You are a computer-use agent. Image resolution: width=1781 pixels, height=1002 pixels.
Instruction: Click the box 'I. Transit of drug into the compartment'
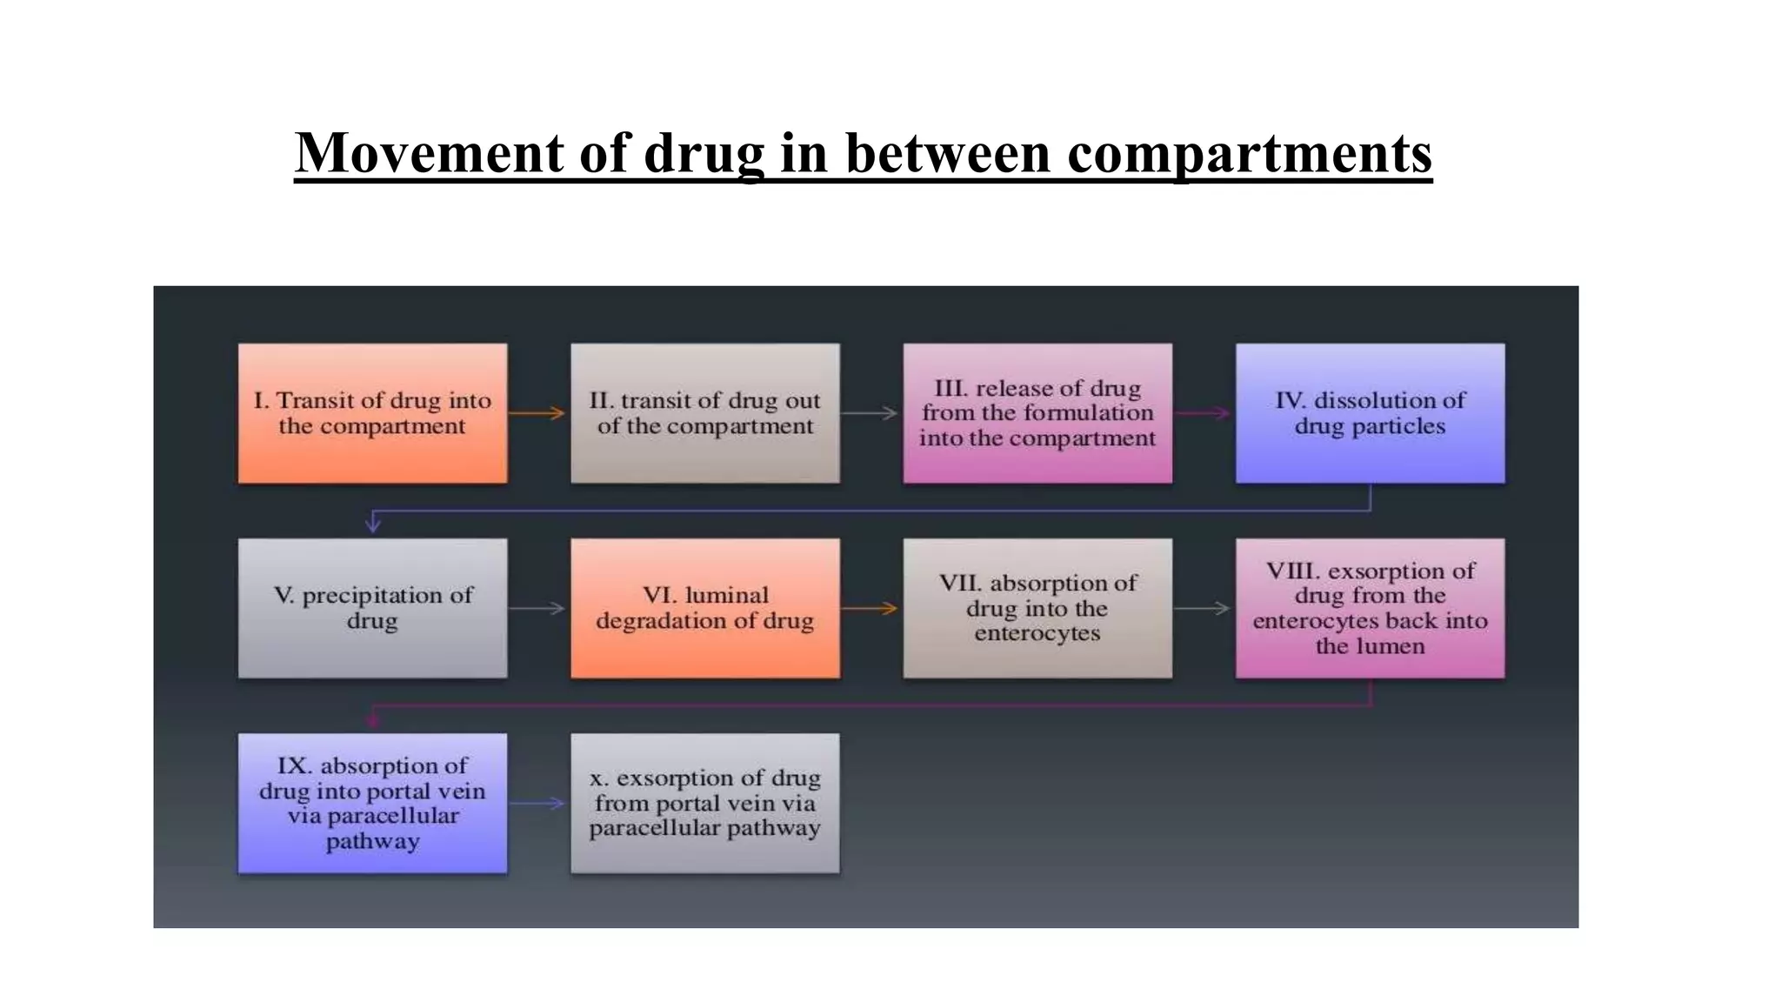point(372,413)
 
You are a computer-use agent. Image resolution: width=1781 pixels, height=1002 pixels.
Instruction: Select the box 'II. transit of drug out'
point(704,413)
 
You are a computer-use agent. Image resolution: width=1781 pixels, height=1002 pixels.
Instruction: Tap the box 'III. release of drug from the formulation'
point(1037,413)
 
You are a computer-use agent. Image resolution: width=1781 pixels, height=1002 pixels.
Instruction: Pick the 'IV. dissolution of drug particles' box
point(1370,413)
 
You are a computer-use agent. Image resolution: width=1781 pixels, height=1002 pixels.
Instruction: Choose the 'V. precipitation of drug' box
point(372,608)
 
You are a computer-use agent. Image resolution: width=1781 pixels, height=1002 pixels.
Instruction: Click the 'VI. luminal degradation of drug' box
point(704,608)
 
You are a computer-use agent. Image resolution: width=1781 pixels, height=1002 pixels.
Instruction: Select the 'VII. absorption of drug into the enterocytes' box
point(1037,608)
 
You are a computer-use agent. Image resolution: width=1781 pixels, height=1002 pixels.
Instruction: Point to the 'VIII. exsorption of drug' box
point(1370,608)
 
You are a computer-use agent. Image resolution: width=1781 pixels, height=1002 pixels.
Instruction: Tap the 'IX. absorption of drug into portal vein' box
point(372,803)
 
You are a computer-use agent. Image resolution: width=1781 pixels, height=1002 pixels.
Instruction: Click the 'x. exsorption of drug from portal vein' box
point(704,803)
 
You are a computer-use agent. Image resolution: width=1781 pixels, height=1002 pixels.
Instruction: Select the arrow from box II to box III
point(870,413)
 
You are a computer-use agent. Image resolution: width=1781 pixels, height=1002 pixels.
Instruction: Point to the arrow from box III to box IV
point(1204,413)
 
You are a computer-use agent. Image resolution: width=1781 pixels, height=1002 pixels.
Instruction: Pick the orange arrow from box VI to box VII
point(870,608)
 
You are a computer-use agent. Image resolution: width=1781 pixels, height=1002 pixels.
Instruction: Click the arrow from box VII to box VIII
point(1204,608)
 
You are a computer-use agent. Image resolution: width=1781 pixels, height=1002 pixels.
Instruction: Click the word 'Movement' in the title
point(430,153)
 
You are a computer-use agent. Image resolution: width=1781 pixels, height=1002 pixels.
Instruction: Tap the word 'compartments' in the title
point(1250,153)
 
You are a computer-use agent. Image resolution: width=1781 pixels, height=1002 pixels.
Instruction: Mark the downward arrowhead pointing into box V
point(373,524)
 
